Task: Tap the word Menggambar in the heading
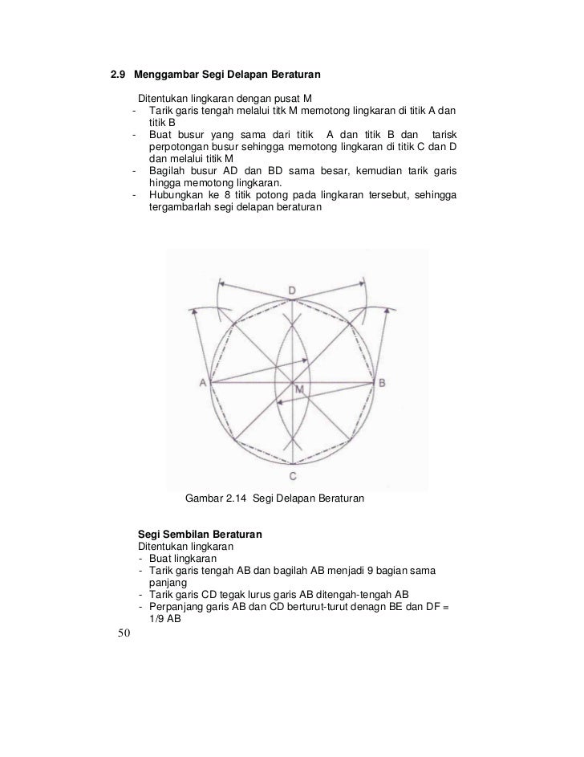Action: click(164, 76)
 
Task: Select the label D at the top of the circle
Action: click(292, 290)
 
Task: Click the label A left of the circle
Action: click(203, 384)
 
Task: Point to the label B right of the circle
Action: click(382, 384)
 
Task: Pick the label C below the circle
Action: click(294, 475)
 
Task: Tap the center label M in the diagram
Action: click(299, 390)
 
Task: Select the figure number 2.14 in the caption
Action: click(236, 499)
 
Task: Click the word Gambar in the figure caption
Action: click(204, 499)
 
